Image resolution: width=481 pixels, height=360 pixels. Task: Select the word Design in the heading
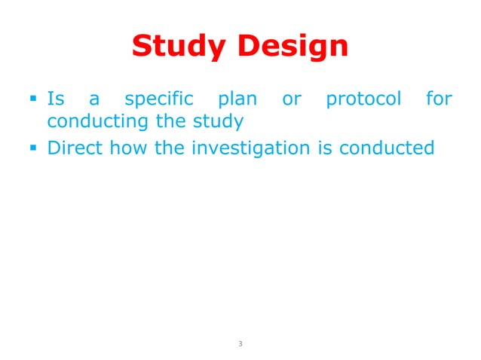pyautogui.click(x=290, y=47)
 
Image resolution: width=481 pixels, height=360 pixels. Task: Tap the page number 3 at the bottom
pyautogui.click(x=240, y=344)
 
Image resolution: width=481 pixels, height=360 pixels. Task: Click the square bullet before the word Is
pyautogui.click(x=35, y=99)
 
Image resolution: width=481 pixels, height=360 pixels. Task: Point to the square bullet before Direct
pyautogui.click(x=35, y=148)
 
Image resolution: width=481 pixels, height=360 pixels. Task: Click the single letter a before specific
pyautogui.click(x=94, y=99)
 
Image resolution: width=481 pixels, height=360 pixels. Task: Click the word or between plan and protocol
pyautogui.click(x=291, y=99)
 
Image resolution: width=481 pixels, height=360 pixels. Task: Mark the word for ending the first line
pyautogui.click(x=439, y=99)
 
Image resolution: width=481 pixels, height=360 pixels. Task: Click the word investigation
pyautogui.click(x=250, y=148)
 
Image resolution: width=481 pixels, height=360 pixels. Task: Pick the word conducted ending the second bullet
pyautogui.click(x=387, y=148)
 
